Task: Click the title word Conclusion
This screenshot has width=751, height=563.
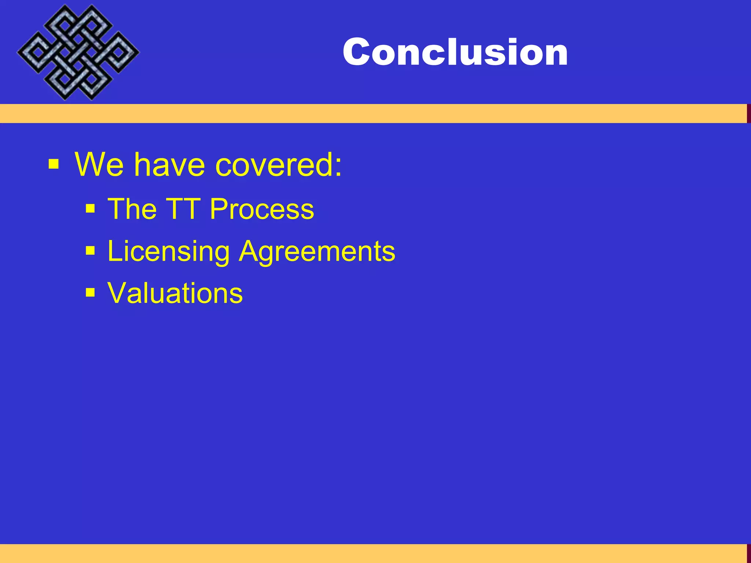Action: [x=455, y=52]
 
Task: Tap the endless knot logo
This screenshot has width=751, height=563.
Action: [x=78, y=52]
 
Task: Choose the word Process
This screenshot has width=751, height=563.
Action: [x=262, y=209]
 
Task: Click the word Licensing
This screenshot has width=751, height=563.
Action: [x=169, y=251]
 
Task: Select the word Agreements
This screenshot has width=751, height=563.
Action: [x=317, y=251]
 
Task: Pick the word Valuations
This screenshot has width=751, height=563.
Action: [x=175, y=293]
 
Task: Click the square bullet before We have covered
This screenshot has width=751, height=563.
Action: [x=54, y=164]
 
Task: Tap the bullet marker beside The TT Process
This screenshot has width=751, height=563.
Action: [x=90, y=209]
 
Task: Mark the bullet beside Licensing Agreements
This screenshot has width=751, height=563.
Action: [x=90, y=251]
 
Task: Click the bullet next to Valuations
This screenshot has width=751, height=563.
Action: [x=90, y=292]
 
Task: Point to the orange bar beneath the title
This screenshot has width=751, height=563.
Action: [x=367, y=113]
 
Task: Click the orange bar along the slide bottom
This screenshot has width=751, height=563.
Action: [x=367, y=553]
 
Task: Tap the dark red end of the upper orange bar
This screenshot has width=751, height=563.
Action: [x=749, y=113]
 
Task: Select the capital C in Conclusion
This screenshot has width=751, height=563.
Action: [x=356, y=52]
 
